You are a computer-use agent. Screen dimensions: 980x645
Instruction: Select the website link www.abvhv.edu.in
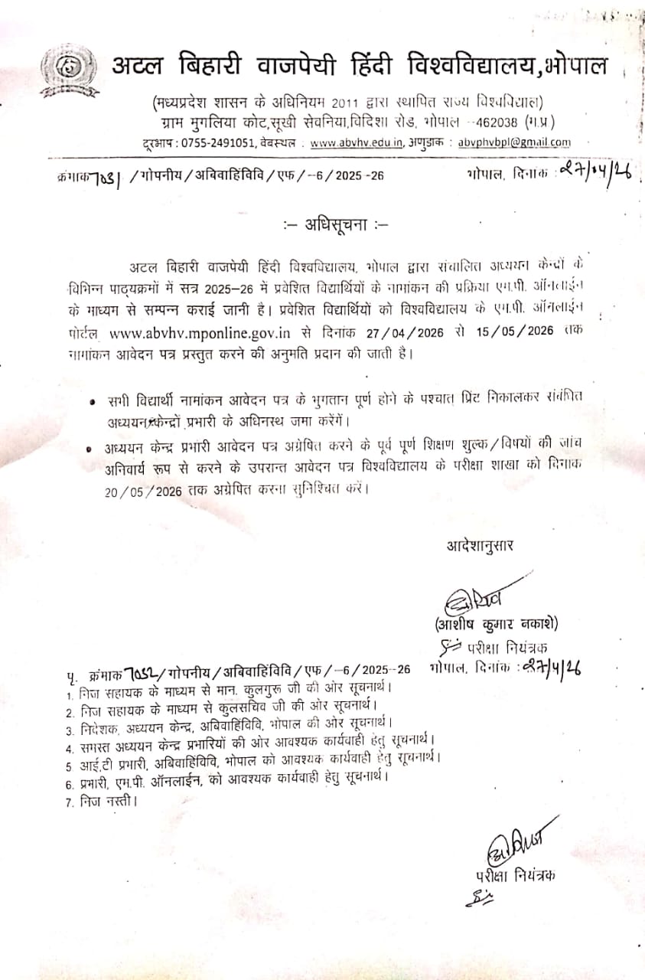pos(357,142)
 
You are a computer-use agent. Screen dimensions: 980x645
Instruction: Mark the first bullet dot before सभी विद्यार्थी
pos(93,401)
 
